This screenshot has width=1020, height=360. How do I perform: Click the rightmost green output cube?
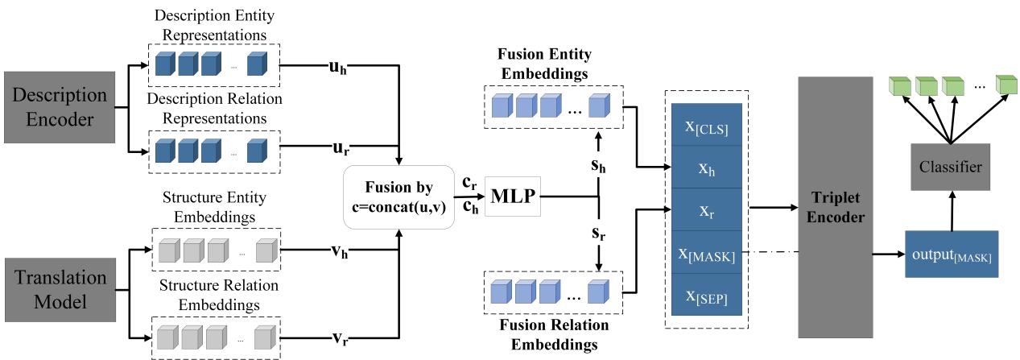click(x=1005, y=85)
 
